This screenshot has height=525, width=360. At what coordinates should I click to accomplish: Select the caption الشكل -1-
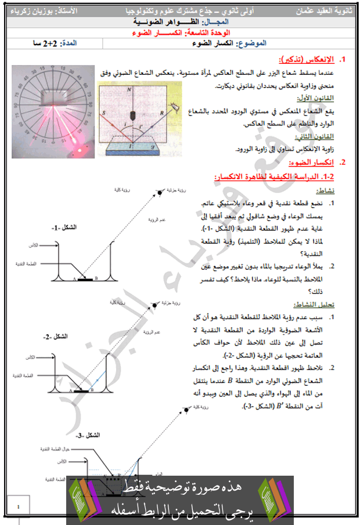point(64,227)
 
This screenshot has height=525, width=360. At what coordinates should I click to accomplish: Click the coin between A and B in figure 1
point(86,280)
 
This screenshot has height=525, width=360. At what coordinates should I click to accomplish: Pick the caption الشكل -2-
point(56,336)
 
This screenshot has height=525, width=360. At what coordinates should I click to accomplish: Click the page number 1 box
point(19,507)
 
